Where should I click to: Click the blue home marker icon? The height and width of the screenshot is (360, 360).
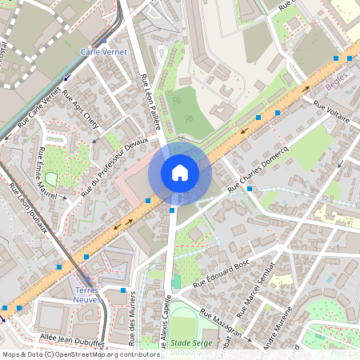pyautogui.click(x=180, y=173)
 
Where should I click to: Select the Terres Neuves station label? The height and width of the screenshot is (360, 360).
pyautogui.click(x=86, y=294)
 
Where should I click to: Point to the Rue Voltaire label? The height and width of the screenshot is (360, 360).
pyautogui.click(x=332, y=111)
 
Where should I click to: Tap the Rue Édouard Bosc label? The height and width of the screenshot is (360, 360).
pyautogui.click(x=222, y=274)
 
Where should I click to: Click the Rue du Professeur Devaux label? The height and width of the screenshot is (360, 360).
pyautogui.click(x=115, y=165)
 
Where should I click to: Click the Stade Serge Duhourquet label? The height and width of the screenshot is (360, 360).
pyautogui.click(x=186, y=347)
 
